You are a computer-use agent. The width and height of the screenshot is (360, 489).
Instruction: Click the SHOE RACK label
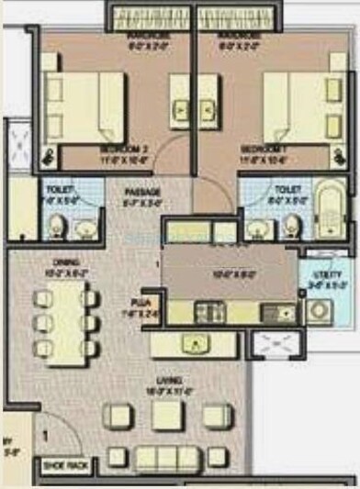[x=63, y=467]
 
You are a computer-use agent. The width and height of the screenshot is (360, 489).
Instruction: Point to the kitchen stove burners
[x=208, y=312]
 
